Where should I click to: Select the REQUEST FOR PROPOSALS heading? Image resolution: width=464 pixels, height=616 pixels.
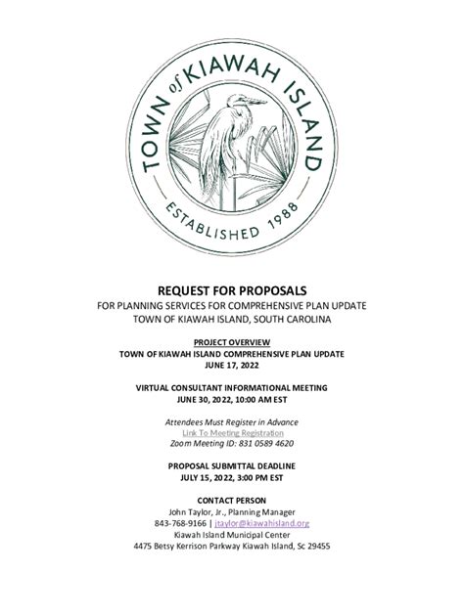(x=232, y=291)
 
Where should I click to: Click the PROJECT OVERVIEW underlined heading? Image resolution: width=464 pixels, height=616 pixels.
(x=232, y=341)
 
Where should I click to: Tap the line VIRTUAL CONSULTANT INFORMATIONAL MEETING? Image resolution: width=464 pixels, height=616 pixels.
(x=232, y=388)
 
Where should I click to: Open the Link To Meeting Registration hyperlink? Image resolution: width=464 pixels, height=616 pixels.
(x=232, y=432)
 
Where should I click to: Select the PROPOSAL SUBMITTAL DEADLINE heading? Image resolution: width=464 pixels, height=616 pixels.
(x=232, y=466)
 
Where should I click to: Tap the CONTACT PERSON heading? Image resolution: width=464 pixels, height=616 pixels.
(x=232, y=501)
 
